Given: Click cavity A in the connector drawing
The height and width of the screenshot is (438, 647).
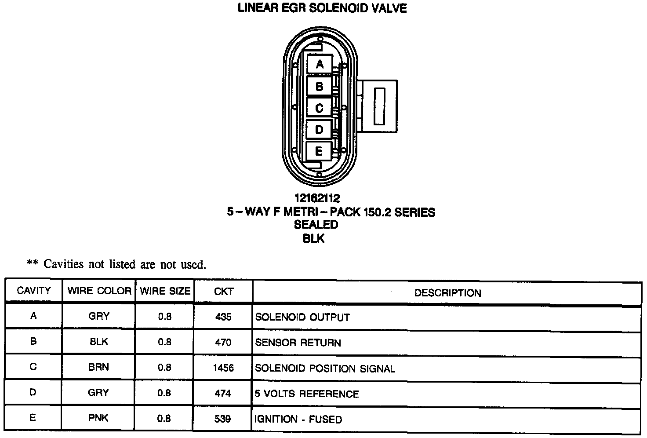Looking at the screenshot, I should tap(320, 64).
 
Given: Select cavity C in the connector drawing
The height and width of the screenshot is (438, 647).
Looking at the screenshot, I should tap(320, 108).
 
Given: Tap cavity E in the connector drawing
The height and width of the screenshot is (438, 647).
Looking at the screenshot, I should tap(320, 151).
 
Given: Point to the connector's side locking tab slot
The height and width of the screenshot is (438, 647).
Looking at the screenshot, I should tap(379, 106).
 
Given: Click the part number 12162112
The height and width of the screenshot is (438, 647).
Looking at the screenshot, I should tap(317, 198).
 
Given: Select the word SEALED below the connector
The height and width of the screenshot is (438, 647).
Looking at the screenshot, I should tap(316, 225).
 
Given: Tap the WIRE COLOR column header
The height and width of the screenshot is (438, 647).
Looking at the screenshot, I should tap(99, 291).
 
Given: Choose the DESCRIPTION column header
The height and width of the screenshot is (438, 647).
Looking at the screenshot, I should tap(447, 293).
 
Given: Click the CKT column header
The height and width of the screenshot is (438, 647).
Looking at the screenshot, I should tap(223, 292).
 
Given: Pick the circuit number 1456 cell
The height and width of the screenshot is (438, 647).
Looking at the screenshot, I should tap(223, 368).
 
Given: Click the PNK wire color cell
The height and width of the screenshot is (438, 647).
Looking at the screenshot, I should tap(98, 418).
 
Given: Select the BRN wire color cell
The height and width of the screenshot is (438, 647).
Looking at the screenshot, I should tap(98, 367).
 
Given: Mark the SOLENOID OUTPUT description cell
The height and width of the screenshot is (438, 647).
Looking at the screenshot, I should tap(302, 317).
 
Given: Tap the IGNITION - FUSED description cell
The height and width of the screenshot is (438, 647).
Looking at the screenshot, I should tap(298, 419).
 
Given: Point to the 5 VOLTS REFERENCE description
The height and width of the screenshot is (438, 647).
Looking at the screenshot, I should tap(307, 394).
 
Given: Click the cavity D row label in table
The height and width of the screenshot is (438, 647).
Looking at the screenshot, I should tap(33, 392).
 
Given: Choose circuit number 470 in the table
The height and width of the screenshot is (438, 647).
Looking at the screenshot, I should tap(223, 342).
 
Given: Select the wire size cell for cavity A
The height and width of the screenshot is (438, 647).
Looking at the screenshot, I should tap(164, 317).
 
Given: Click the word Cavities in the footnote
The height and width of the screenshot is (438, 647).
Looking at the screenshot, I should tap(63, 264).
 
